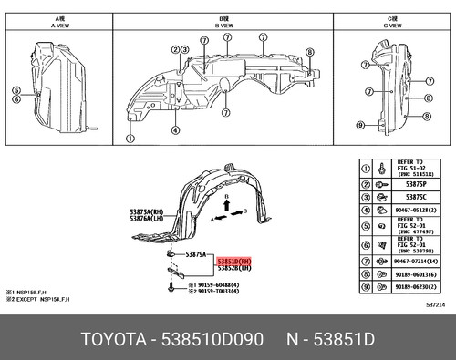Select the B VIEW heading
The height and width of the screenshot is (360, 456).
[223, 22]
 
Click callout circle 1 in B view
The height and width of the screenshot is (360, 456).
[130, 140]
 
